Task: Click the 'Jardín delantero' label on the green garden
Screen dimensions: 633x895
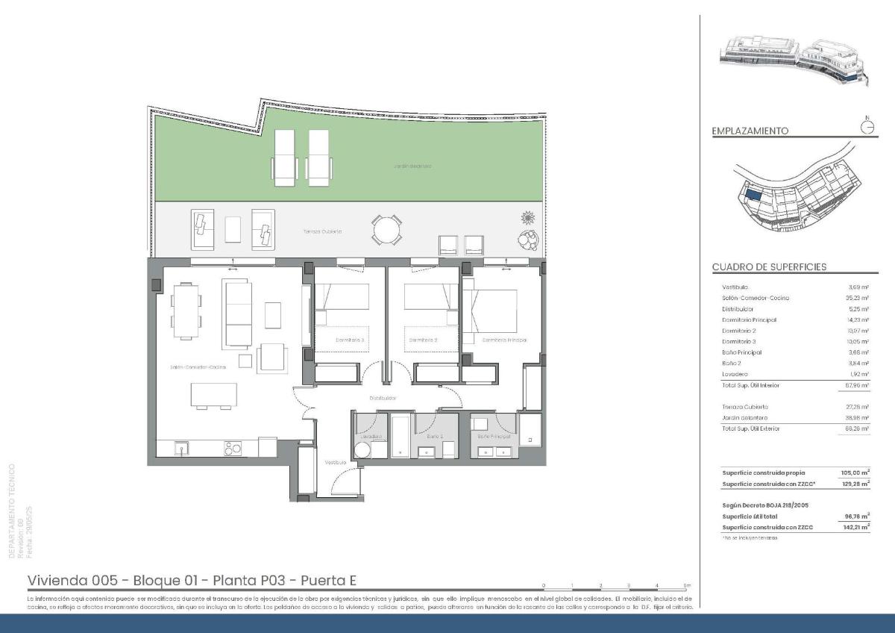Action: click(x=412, y=166)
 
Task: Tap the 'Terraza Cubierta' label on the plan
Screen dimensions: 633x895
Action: click(x=322, y=231)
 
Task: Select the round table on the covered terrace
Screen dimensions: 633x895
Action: click(x=386, y=230)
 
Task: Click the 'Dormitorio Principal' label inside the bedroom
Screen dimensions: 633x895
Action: click(x=504, y=340)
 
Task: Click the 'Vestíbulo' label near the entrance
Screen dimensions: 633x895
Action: click(x=336, y=463)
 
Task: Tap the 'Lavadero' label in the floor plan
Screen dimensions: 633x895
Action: click(x=371, y=436)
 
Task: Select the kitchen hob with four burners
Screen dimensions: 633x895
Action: click(x=233, y=448)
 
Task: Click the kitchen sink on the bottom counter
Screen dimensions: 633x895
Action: click(x=180, y=448)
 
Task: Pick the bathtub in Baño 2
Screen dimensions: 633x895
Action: click(x=400, y=436)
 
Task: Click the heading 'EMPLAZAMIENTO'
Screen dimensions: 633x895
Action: click(x=750, y=131)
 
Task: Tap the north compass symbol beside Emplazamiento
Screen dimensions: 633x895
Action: click(x=867, y=127)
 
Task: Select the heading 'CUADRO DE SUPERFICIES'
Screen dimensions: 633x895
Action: click(x=769, y=267)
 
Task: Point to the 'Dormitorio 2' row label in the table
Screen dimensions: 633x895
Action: click(x=738, y=331)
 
